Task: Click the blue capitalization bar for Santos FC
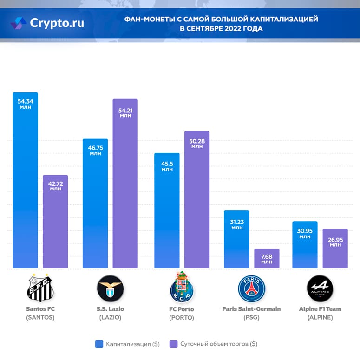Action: (x=26, y=186)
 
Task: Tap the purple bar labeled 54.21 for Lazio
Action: (x=125, y=186)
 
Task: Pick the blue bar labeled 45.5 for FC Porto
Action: (x=167, y=214)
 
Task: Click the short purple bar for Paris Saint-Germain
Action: (x=267, y=259)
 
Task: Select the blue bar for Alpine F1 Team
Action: (x=305, y=246)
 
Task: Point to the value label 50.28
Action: (x=197, y=140)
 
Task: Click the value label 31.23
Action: (x=237, y=222)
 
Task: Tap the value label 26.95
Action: (x=335, y=239)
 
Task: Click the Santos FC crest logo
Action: (x=40, y=288)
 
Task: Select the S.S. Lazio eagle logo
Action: (x=110, y=288)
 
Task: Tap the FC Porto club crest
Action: (x=181, y=288)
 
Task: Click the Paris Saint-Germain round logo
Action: (x=251, y=288)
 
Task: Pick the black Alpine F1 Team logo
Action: (x=320, y=288)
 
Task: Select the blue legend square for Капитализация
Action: (x=98, y=344)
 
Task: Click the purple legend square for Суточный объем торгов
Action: (x=173, y=344)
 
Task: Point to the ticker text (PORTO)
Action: (x=182, y=318)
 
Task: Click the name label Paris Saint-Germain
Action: (x=251, y=309)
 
